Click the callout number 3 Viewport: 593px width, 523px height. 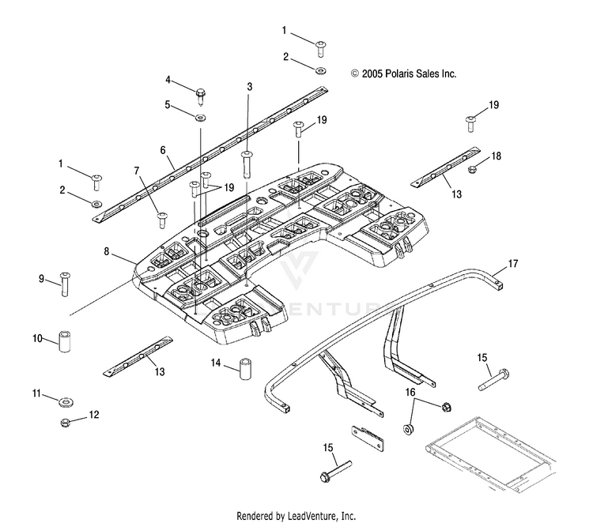coord(250,87)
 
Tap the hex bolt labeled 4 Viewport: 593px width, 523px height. coord(201,96)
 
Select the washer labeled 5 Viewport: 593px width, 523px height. coord(201,118)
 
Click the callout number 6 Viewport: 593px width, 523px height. coord(163,150)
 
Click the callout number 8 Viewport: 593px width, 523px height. coord(106,251)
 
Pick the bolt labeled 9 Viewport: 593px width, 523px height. coord(65,284)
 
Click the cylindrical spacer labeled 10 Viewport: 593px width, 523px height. coord(65,341)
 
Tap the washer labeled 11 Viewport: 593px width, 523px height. coord(66,401)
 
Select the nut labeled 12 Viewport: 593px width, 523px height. coord(66,422)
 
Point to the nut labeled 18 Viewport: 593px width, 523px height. coord(473,170)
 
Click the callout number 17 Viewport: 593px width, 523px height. coord(513,263)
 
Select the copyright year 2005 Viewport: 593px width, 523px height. coord(372,73)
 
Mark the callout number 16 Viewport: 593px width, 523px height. coord(410,393)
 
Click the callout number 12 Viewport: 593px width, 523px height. coord(94,415)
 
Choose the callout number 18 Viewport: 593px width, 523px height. coord(496,156)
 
